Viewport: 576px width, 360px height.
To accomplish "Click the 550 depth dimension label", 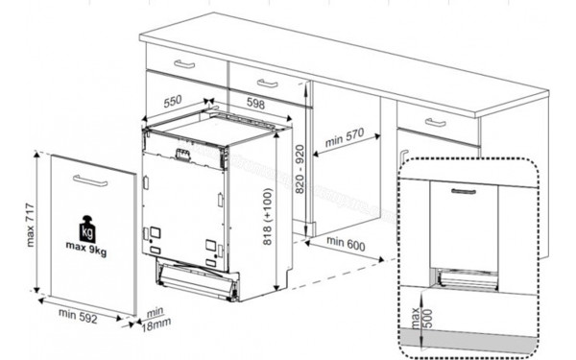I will pyautogui.click(x=174, y=100).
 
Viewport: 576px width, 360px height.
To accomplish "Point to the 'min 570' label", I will pyautogui.click(x=346, y=140).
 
